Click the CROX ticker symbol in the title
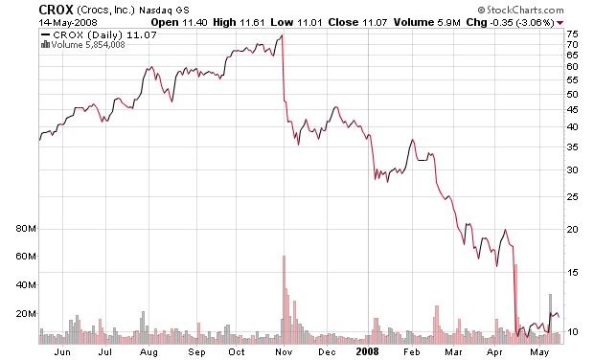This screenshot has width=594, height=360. click(x=21, y=9)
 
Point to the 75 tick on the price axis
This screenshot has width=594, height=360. click(x=571, y=34)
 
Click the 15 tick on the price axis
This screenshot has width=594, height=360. click(x=571, y=273)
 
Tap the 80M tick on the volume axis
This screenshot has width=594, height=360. click(x=25, y=230)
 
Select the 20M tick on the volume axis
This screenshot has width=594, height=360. click(x=25, y=314)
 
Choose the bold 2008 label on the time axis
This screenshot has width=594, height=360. click(x=369, y=351)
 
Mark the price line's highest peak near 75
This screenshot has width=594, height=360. click(x=282, y=35)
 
